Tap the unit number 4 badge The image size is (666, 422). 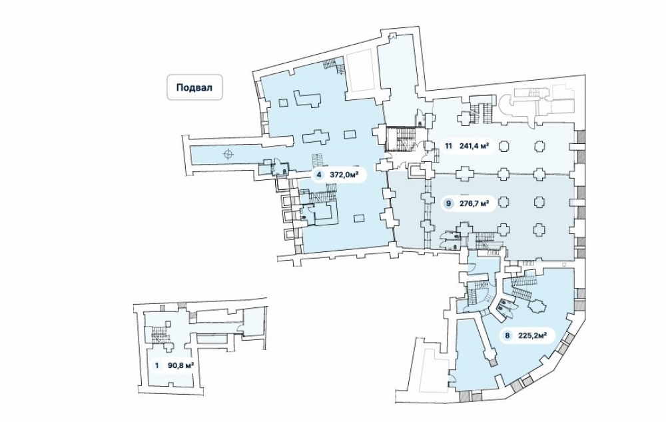[x=320, y=175]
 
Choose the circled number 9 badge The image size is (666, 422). [x=449, y=203]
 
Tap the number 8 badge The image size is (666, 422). [x=507, y=336]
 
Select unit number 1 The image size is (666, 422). [x=157, y=365]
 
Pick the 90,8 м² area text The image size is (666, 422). [x=180, y=365]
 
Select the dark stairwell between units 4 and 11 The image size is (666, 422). [x=401, y=140]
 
